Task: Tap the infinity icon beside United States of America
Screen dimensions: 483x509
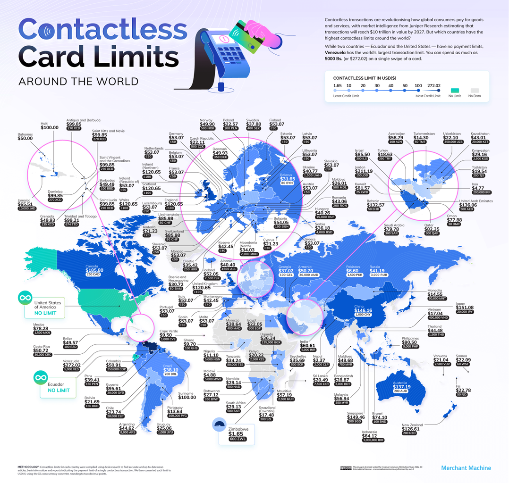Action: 24,298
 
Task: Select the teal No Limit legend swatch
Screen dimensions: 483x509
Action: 455,90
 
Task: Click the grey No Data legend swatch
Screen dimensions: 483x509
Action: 475,90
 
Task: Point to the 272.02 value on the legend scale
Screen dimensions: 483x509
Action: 433,85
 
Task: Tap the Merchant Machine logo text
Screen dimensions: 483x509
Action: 466,468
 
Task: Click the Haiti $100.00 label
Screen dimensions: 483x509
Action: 49,127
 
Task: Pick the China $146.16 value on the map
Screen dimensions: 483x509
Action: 363,311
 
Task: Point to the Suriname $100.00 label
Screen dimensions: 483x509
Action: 187,398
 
